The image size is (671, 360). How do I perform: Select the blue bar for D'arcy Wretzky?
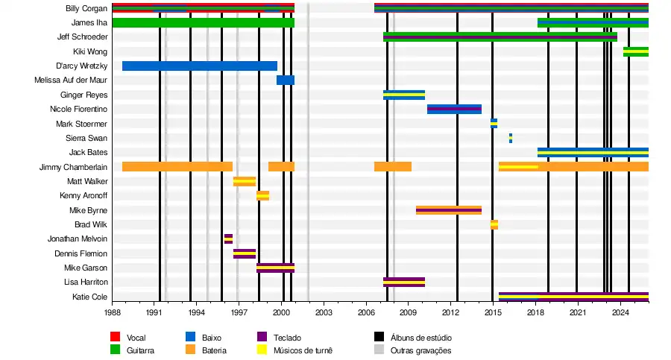(x=199, y=66)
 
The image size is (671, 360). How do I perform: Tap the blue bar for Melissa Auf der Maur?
(x=286, y=80)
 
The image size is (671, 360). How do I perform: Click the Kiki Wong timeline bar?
(x=635, y=51)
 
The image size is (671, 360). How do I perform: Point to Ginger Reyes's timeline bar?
(x=404, y=95)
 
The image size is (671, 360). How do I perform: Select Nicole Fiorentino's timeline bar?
(x=454, y=109)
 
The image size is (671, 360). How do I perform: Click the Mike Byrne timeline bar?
(x=448, y=210)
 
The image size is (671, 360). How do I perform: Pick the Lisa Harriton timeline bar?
(x=404, y=282)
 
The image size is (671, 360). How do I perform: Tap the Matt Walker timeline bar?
(x=245, y=181)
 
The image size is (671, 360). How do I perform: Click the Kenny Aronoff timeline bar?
(x=262, y=195)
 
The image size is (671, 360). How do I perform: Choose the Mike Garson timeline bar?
(x=275, y=268)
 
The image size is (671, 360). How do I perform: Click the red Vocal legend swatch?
(x=116, y=338)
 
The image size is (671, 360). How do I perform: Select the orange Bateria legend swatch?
(x=190, y=350)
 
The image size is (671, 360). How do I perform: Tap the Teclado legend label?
(x=287, y=338)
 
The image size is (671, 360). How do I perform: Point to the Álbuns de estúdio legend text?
(x=421, y=338)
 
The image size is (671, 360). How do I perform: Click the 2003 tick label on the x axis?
(x=324, y=312)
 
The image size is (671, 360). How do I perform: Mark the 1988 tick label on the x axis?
(x=113, y=312)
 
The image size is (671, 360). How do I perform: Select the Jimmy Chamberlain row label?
(x=73, y=167)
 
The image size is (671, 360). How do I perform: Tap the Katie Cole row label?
(x=89, y=297)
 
